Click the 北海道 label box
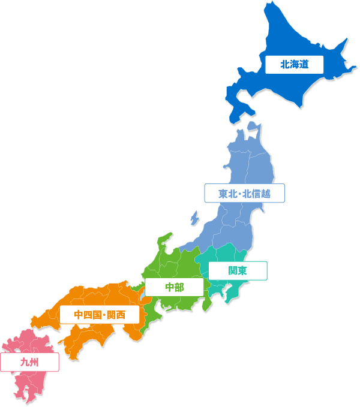click(294, 64)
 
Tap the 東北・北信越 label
click(244, 194)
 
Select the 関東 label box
click(238, 270)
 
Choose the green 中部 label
click(175, 287)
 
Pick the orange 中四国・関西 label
click(100, 315)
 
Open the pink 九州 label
click(29, 361)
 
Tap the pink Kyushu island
click(30, 384)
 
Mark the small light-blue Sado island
click(194, 218)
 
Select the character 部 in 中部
click(179, 287)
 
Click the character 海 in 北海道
click(294, 64)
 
